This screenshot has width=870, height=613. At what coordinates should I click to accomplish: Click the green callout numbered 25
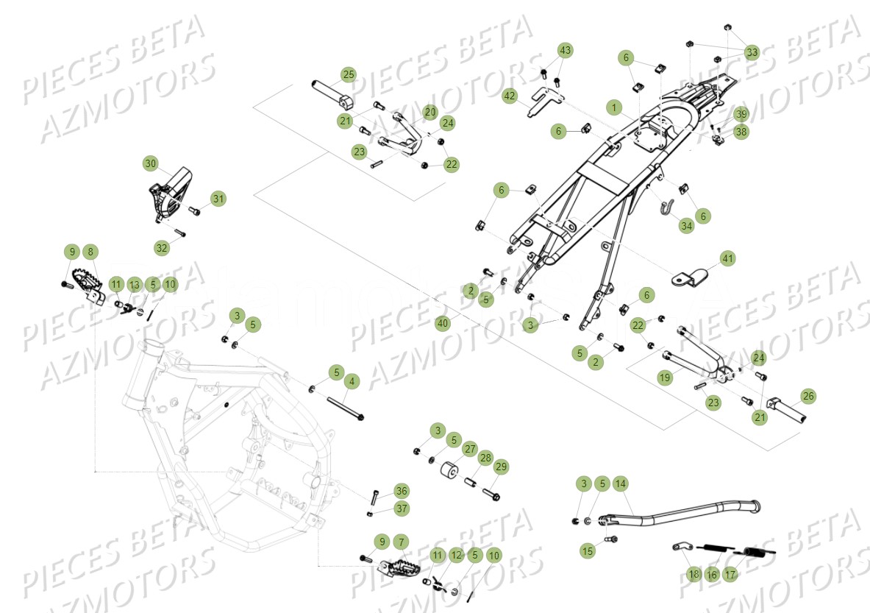348,74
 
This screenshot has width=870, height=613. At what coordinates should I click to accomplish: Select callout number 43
564,50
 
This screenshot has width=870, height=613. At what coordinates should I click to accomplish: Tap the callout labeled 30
150,163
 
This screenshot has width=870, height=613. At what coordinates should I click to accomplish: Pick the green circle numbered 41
727,258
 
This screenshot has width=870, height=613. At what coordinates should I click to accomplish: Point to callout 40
441,323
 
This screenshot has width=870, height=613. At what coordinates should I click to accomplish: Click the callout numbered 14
621,483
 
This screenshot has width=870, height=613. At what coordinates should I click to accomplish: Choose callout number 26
808,396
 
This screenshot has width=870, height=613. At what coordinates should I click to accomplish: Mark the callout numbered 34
686,226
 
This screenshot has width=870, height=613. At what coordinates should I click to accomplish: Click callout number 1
613,107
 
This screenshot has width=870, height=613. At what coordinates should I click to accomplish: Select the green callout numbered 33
752,53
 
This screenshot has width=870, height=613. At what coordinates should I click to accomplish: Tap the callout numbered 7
401,542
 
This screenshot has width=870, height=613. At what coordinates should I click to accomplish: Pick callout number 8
90,252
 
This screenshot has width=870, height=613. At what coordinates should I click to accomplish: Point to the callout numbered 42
510,96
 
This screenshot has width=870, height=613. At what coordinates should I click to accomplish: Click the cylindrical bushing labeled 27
448,472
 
